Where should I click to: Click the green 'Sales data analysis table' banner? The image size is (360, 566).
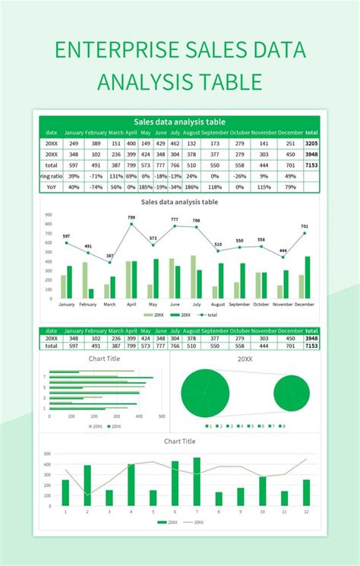179,121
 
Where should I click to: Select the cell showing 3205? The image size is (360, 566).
311,143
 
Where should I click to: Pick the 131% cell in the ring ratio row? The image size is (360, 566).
115,175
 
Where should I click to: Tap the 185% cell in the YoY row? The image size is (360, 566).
146,187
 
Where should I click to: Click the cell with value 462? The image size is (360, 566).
175,143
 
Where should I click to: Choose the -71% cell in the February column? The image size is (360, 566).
96,175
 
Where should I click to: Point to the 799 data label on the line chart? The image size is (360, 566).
131,218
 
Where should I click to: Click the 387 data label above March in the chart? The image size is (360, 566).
110,256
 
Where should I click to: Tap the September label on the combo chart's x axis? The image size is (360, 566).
239,305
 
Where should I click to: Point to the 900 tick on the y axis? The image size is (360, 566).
49,214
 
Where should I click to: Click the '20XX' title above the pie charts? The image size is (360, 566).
245,359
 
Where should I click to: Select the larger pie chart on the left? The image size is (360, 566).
205,393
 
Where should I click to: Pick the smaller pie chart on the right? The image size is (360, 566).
292,394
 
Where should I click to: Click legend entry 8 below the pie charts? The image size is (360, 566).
282,427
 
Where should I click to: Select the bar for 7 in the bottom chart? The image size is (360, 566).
197,482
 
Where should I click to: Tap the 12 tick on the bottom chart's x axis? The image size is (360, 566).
306,512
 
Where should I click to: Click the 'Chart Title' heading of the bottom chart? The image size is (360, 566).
179,441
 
